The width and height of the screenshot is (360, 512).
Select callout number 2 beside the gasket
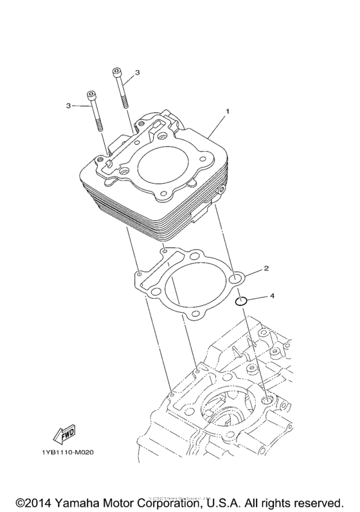tap(265, 267)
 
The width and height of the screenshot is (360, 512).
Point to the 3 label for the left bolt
tap(68, 105)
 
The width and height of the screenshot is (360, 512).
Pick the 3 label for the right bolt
tap(137, 73)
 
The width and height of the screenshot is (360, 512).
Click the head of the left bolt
tap(93, 96)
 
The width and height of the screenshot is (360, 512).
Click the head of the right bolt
tap(116, 70)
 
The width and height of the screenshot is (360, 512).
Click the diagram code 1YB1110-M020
tap(66, 453)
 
